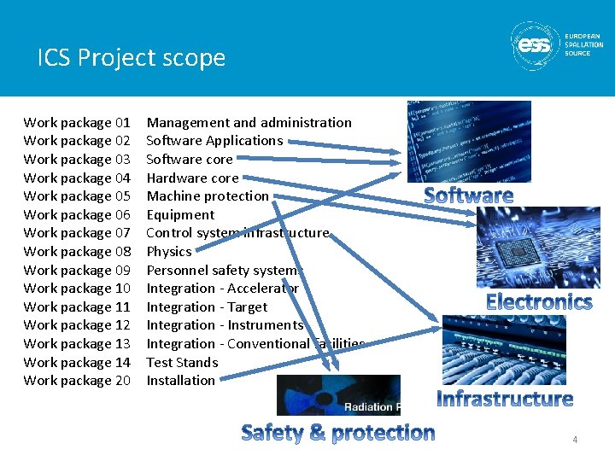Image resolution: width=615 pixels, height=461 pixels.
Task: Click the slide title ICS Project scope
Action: pyautogui.click(x=132, y=57)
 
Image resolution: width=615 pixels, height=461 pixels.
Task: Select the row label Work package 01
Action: pyautogui.click(x=77, y=123)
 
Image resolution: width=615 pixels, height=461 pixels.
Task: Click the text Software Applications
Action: pyautogui.click(x=214, y=141)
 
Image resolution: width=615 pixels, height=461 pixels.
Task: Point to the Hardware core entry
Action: pyautogui.click(x=192, y=178)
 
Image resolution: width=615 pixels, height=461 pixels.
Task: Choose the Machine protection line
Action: pyautogui.click(x=208, y=196)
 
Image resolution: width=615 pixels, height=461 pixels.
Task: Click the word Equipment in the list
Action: pyautogui.click(x=180, y=215)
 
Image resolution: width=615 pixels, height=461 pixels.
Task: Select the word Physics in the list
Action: pyautogui.click(x=169, y=252)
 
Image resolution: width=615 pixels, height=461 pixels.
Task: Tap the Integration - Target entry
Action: pyautogui.click(x=207, y=307)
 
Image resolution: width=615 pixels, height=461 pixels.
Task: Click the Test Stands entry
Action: pyautogui.click(x=182, y=363)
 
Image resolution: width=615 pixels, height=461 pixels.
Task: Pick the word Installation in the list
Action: pyautogui.click(x=180, y=381)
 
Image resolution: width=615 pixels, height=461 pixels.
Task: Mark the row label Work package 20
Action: pyautogui.click(x=77, y=381)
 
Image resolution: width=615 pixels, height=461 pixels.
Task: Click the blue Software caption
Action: pyautogui.click(x=469, y=195)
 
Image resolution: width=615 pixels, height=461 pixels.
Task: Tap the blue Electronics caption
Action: pyautogui.click(x=538, y=301)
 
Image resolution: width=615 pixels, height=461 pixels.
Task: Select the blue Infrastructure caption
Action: pyautogui.click(x=505, y=399)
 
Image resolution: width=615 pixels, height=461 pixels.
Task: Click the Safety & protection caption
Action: pyautogui.click(x=338, y=433)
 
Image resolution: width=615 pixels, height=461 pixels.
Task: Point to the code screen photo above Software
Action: pyautogui.click(x=469, y=141)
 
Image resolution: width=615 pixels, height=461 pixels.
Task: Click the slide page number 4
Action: pyautogui.click(x=575, y=440)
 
